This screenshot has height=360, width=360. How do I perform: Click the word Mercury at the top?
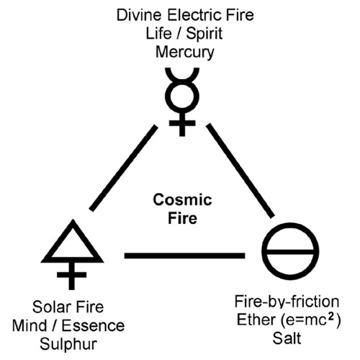pos(184,53)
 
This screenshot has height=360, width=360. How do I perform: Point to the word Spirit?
pos(204,34)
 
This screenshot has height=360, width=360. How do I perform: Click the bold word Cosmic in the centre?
pos(182,199)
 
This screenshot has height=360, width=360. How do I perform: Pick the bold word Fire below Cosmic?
pos(182,218)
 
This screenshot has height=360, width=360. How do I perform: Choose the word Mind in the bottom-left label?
pos(30,325)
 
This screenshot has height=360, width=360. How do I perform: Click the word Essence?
pos(93,325)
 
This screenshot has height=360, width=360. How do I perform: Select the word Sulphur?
pos(68,345)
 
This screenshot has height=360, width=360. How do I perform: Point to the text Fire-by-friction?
pos(287,302)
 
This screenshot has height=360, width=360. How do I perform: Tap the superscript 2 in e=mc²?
pos(331,317)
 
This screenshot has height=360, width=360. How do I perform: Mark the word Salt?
pos(287,338)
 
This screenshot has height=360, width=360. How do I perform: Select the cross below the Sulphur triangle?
pos(71,275)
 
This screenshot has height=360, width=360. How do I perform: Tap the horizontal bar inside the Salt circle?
pos(290,252)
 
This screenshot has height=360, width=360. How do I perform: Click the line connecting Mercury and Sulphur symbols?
pos(124,168)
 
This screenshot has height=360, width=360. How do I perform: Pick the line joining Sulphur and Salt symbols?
pos(184,256)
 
